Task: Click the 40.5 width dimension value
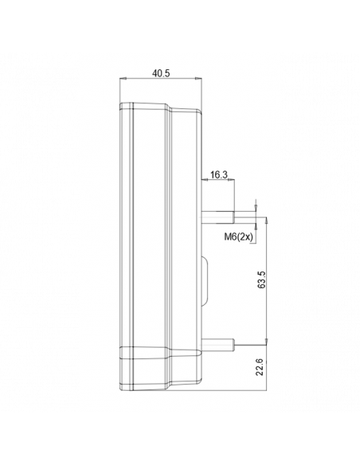[x=159, y=72]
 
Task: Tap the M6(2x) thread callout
[x=237, y=236]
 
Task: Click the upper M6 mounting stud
[x=217, y=214]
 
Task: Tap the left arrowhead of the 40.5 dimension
[x=122, y=80]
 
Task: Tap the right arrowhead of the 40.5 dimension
[x=198, y=80]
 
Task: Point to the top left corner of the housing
[x=121, y=105]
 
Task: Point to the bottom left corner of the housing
[x=121, y=390]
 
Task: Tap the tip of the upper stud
[x=233, y=214]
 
